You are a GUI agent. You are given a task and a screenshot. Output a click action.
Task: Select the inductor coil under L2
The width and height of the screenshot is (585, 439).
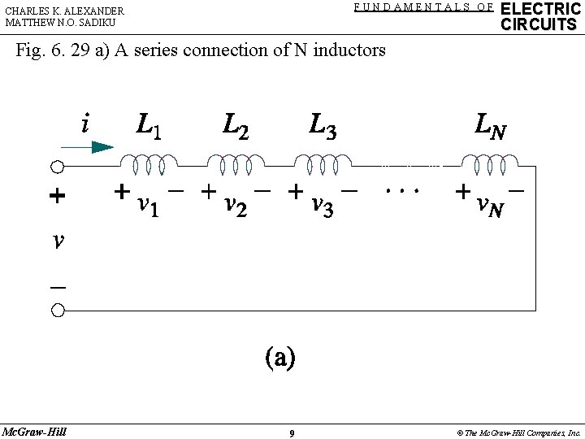tap(235, 165)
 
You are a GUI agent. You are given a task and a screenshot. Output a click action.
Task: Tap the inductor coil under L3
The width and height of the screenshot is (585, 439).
tap(324, 165)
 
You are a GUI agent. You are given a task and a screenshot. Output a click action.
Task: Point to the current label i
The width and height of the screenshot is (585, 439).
tap(84, 124)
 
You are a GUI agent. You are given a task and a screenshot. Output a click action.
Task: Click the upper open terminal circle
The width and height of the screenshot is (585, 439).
tap(58, 167)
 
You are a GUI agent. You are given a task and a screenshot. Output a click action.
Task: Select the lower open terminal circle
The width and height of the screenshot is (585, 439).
tap(58, 310)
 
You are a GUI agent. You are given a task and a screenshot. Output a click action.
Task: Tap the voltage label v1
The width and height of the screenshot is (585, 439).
tap(147, 206)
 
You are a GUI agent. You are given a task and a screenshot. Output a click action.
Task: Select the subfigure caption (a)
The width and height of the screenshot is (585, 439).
tap(279, 358)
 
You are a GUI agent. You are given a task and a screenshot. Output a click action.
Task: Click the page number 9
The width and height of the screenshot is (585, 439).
tap(292, 433)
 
